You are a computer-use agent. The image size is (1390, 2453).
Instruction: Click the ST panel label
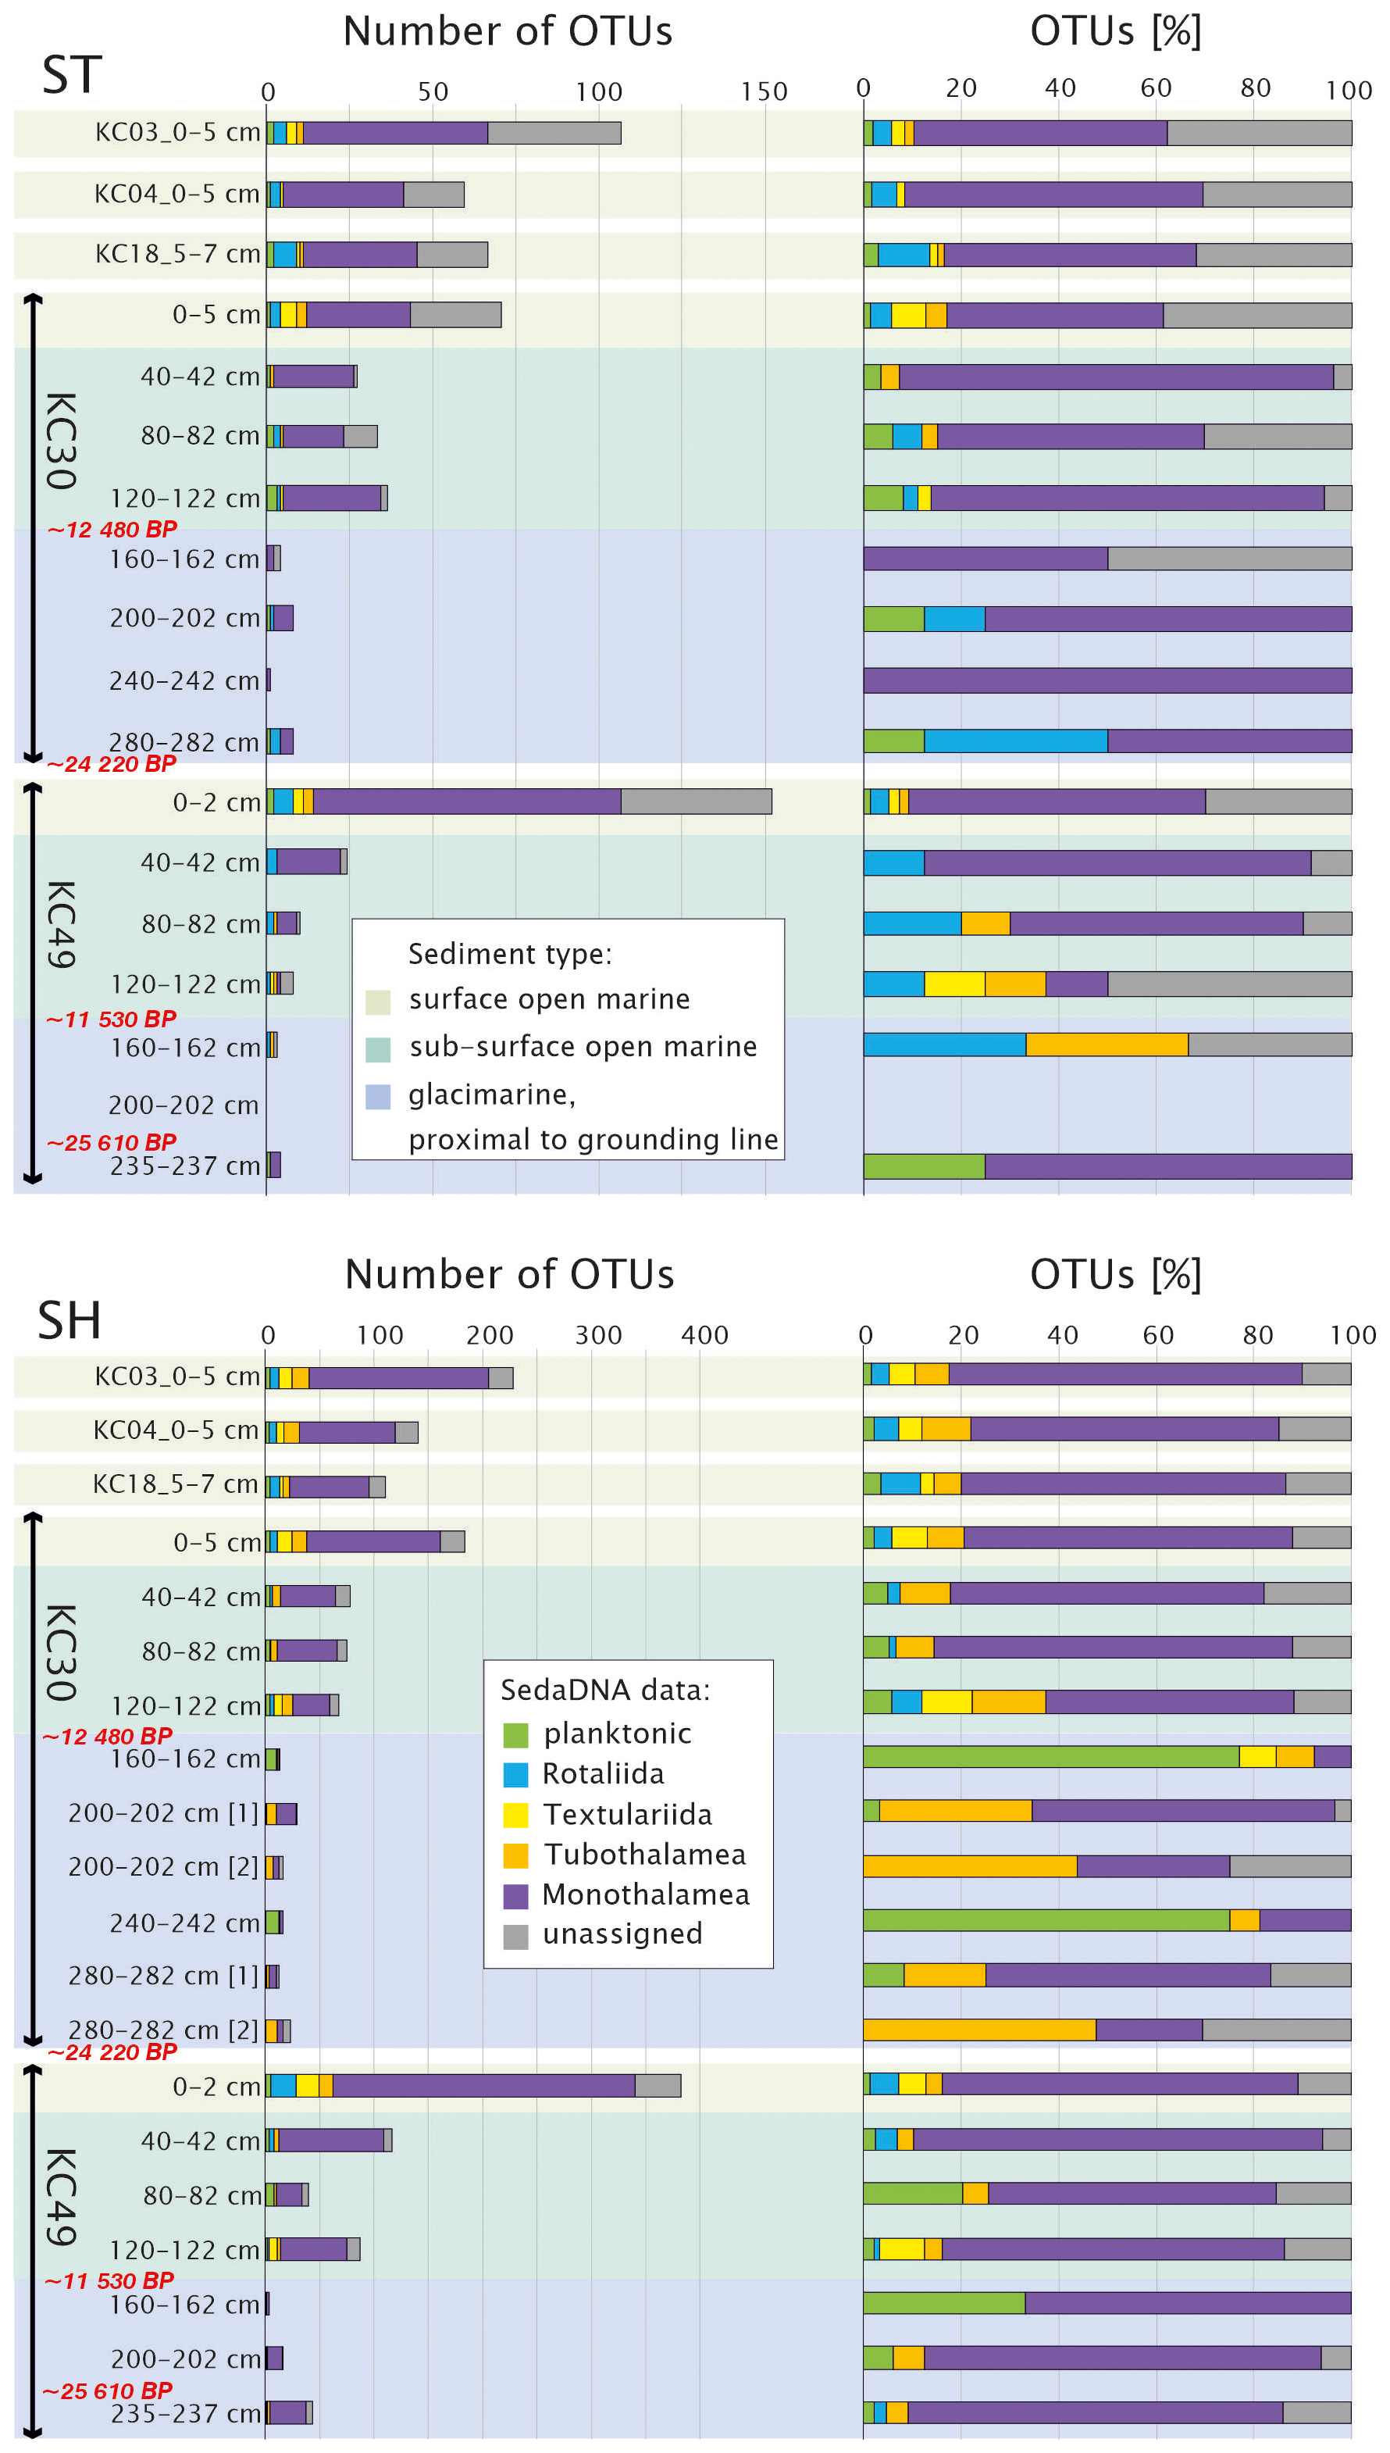(72, 74)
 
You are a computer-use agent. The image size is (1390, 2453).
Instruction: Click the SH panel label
(69, 1320)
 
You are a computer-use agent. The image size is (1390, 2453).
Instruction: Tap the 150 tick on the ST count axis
(764, 91)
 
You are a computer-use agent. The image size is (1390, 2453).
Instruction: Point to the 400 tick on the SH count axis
(704, 1335)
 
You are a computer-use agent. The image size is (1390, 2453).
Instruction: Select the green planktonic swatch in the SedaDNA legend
(515, 1734)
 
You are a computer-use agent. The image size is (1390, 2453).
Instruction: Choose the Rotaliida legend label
(604, 1774)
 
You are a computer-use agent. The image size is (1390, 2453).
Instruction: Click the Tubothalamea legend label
(644, 1855)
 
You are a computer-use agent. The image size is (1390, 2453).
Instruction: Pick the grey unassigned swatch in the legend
(515, 1936)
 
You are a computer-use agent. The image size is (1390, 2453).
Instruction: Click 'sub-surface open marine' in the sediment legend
(583, 1047)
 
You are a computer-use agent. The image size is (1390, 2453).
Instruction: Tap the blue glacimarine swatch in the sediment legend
(378, 1096)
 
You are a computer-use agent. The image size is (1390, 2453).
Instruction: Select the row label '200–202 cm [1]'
(163, 1813)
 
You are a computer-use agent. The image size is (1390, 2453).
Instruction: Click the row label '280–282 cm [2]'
(163, 2030)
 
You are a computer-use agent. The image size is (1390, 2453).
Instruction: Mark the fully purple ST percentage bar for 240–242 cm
(1107, 680)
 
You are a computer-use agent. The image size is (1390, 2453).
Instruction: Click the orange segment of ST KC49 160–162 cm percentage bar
(1107, 1044)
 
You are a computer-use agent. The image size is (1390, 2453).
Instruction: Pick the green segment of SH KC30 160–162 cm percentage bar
(1050, 1757)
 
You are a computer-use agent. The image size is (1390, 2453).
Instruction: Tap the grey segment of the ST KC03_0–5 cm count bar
(554, 133)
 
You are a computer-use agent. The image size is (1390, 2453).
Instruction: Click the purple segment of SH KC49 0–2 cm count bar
(483, 2087)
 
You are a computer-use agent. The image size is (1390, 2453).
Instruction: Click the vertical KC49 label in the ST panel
(60, 924)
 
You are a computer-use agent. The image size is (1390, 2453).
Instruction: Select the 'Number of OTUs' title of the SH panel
(509, 1275)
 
